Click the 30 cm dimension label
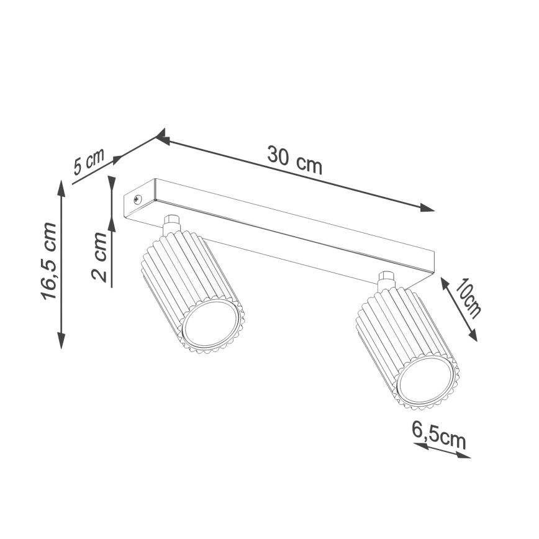click(294, 159)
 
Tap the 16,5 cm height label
click(50, 261)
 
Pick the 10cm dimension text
click(468, 299)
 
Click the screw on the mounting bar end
click(137, 199)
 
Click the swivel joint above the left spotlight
click(171, 224)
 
